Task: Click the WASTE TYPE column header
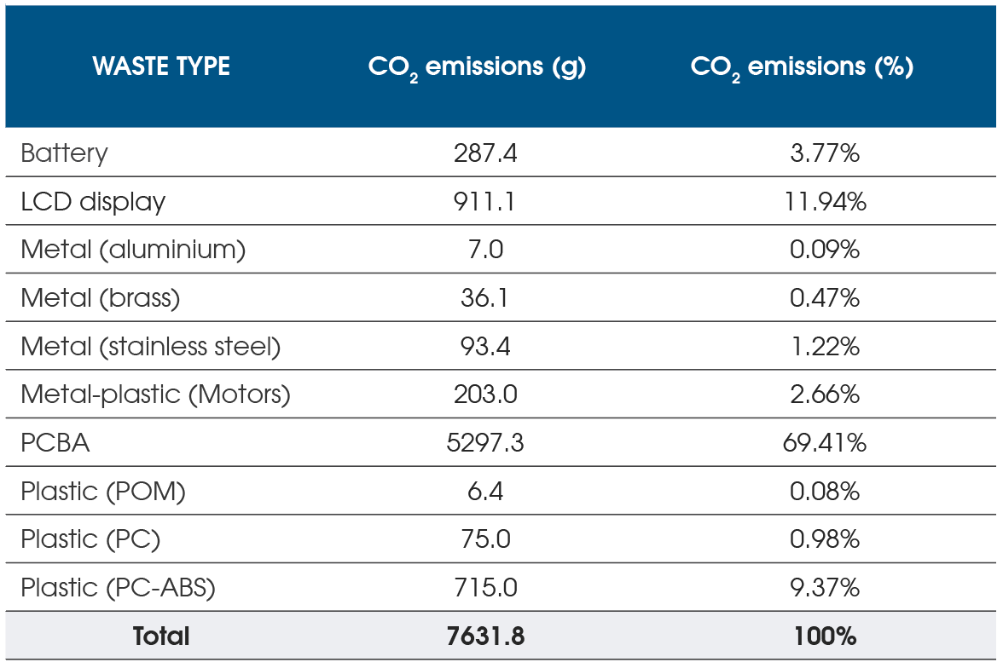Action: (x=161, y=66)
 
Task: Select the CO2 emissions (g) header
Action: (x=477, y=67)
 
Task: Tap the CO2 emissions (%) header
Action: (x=802, y=67)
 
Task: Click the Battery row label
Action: (x=65, y=153)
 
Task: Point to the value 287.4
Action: (x=485, y=153)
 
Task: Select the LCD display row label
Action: (x=93, y=202)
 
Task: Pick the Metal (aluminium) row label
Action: (x=133, y=250)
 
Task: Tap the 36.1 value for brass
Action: (x=485, y=298)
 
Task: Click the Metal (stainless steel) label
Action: (x=150, y=347)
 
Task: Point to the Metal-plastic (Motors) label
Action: (x=155, y=394)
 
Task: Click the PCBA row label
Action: (x=55, y=443)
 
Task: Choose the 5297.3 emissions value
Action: (x=485, y=443)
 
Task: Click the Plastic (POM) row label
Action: (x=103, y=492)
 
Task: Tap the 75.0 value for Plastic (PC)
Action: (x=485, y=539)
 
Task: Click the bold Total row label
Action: (x=161, y=636)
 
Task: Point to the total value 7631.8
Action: (x=485, y=636)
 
